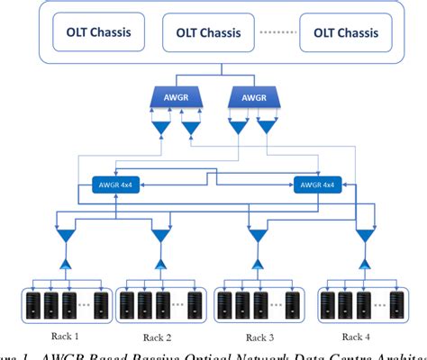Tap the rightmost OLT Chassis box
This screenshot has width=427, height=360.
tap(346, 35)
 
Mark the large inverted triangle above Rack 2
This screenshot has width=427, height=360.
tap(160, 236)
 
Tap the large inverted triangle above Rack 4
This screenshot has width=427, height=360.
tap(365, 236)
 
